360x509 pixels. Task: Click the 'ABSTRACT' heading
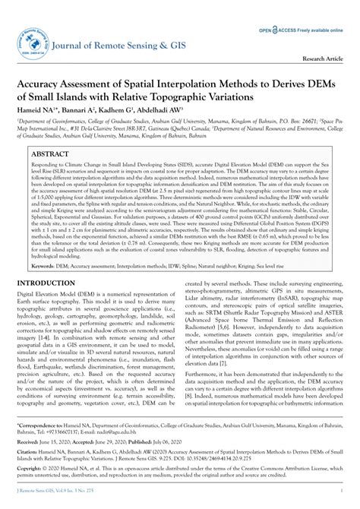49,153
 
